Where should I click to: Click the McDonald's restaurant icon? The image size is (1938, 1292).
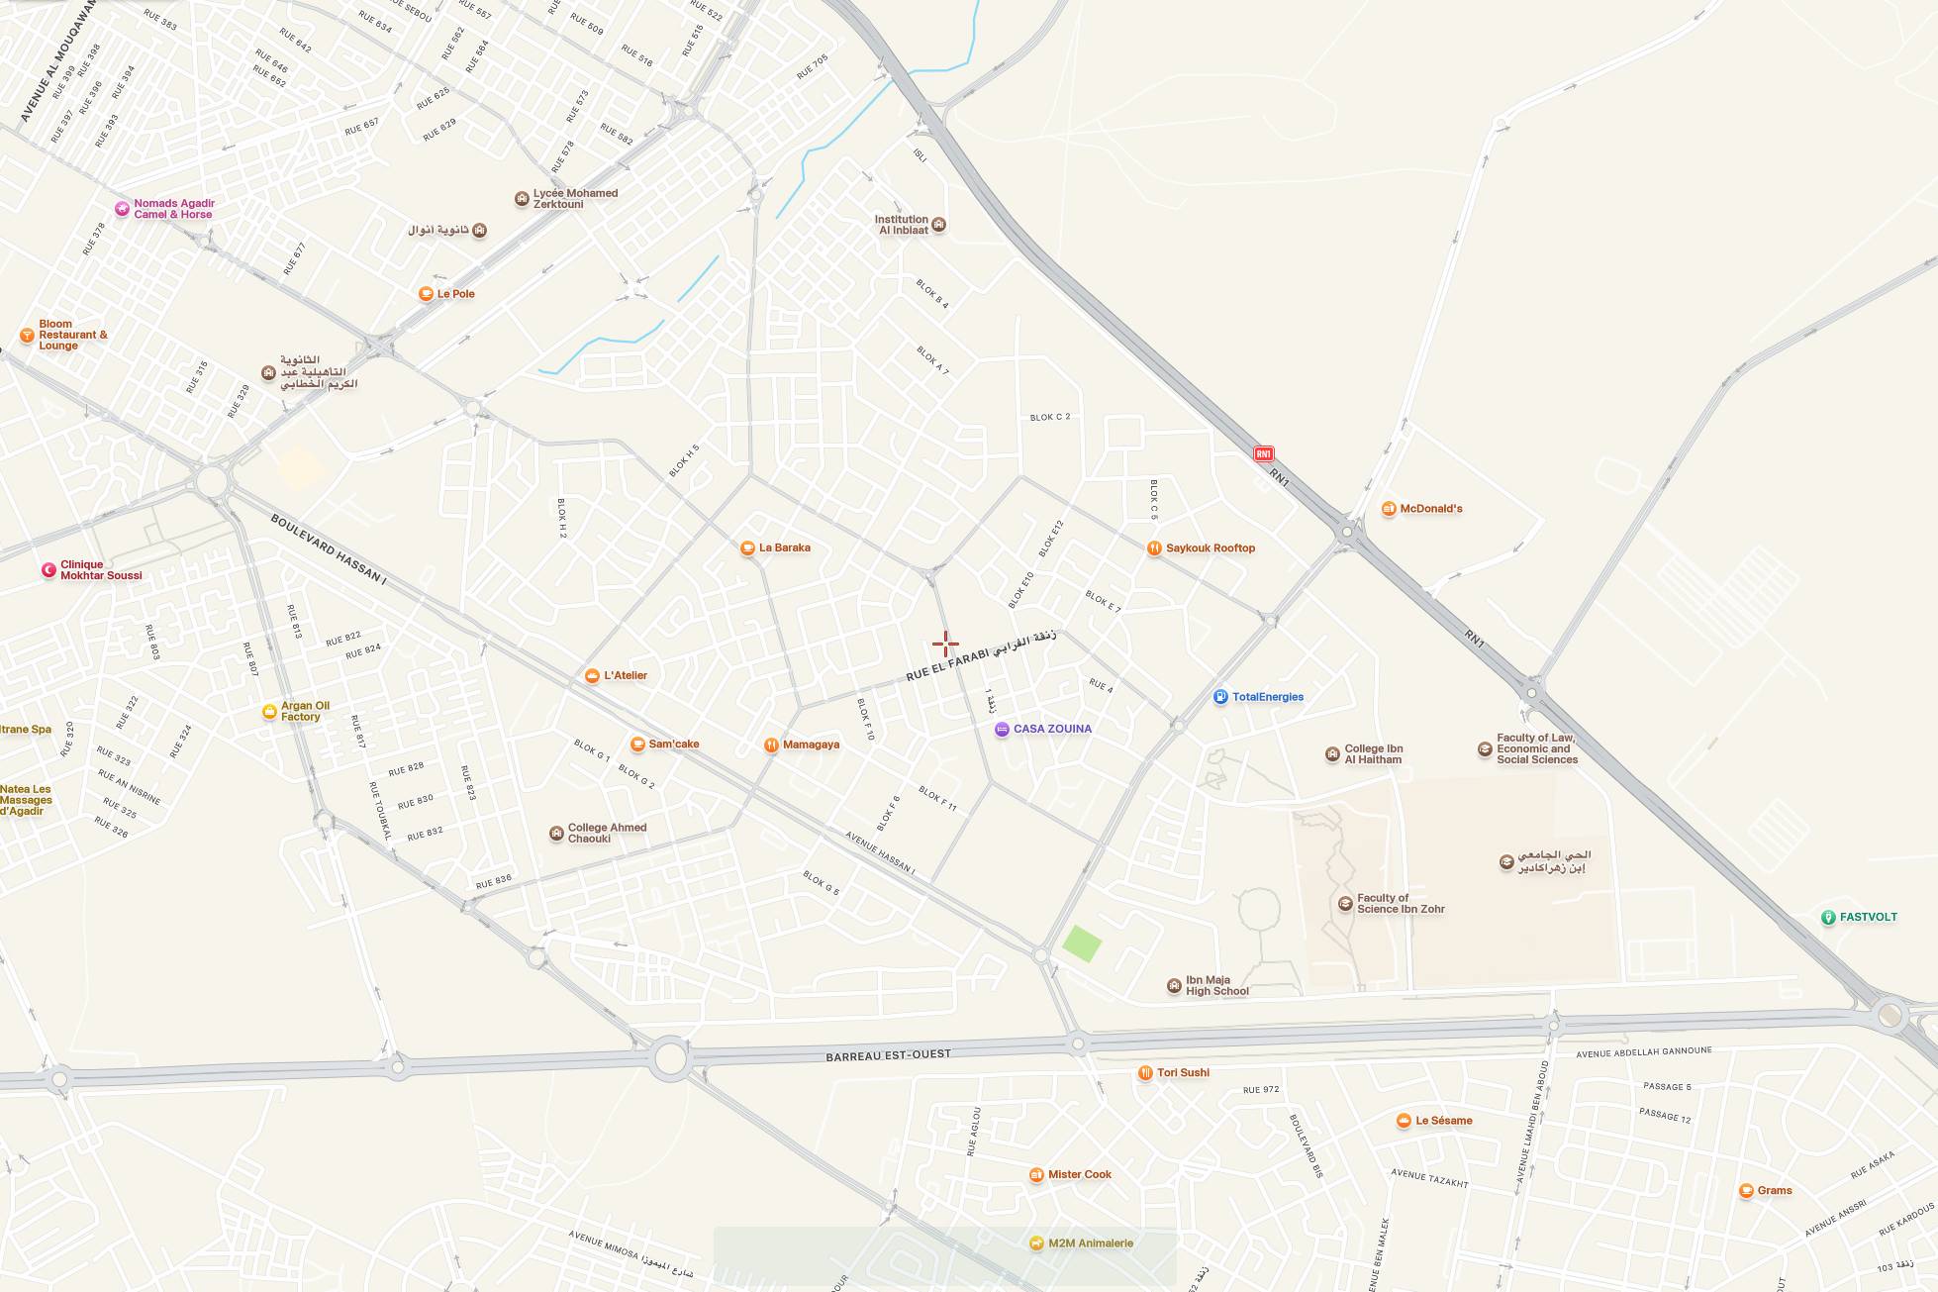[x=1389, y=509]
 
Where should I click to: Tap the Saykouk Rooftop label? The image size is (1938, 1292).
[x=1210, y=548]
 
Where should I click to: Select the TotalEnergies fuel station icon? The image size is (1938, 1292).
[x=1220, y=697]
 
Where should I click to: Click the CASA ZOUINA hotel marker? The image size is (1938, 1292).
[x=1002, y=730]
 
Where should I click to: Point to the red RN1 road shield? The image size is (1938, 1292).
[x=1263, y=453]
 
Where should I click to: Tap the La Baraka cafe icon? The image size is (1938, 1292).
[x=748, y=547]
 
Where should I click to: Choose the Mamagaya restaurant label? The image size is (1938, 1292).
[x=811, y=745]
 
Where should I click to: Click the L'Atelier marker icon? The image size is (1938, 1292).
[x=592, y=676]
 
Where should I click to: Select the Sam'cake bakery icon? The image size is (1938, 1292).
[x=638, y=745]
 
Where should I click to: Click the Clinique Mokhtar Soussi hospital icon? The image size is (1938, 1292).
[x=48, y=570]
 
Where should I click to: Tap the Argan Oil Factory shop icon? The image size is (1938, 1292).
[x=269, y=712]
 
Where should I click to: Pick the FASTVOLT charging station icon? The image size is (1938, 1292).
[x=1828, y=918]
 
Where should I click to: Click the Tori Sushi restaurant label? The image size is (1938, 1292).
[x=1183, y=1073]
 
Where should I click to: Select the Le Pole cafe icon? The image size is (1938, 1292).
[x=426, y=294]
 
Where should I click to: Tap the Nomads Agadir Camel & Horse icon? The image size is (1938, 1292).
[x=122, y=209]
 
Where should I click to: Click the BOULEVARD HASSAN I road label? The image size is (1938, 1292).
[x=328, y=550]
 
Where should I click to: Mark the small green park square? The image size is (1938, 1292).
[x=1082, y=944]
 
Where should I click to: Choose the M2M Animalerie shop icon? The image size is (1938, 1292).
[x=1036, y=1243]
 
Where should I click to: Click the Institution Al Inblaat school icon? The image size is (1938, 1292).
[x=938, y=225]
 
